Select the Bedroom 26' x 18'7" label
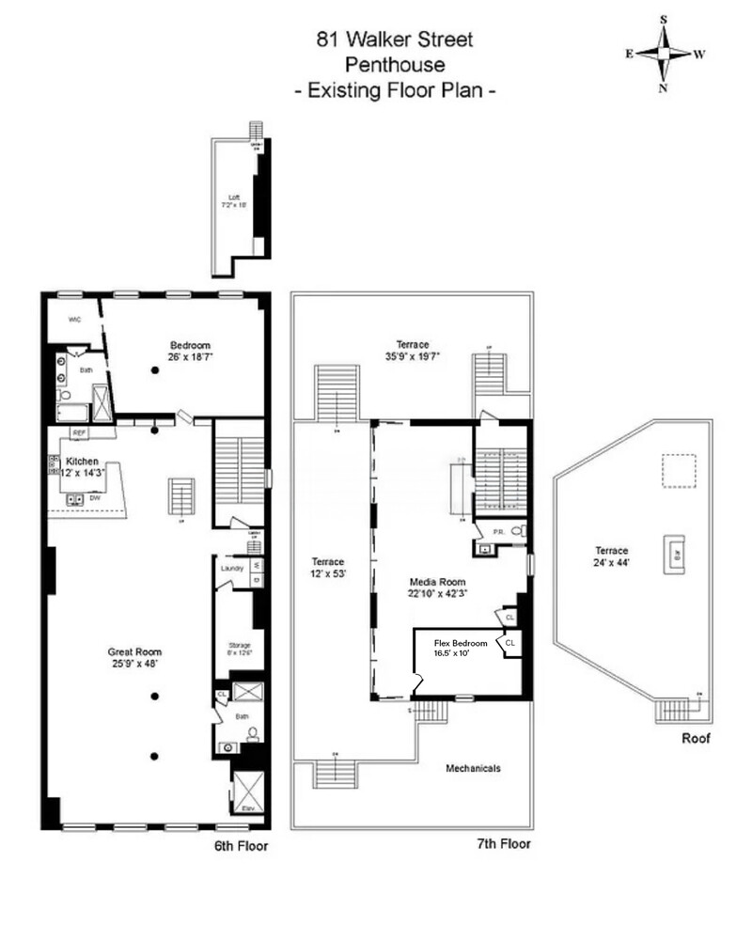pos(189,351)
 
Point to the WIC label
pos(74,320)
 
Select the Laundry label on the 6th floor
pos(232,568)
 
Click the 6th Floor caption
pos(241,846)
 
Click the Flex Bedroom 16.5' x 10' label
pos(461,648)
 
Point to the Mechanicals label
pos(472,768)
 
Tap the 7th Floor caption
pos(503,844)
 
